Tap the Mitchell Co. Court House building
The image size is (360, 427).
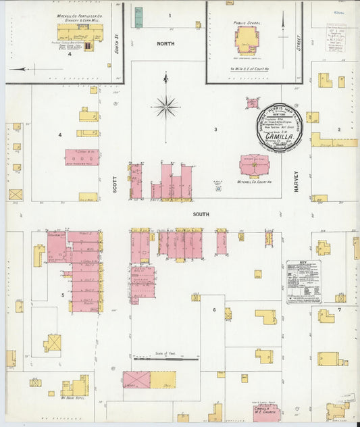[254, 165]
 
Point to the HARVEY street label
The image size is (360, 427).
[296, 184]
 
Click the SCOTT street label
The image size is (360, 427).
[115, 184]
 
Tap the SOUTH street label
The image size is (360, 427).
[201, 214]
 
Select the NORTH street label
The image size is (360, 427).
[165, 43]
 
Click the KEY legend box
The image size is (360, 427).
[304, 282]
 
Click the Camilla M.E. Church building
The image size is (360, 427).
[265, 411]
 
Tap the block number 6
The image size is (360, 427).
[214, 310]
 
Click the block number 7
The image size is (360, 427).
[340, 309]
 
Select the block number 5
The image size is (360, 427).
[63, 295]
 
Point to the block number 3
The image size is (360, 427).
[215, 129]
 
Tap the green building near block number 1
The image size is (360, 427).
[138, 17]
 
